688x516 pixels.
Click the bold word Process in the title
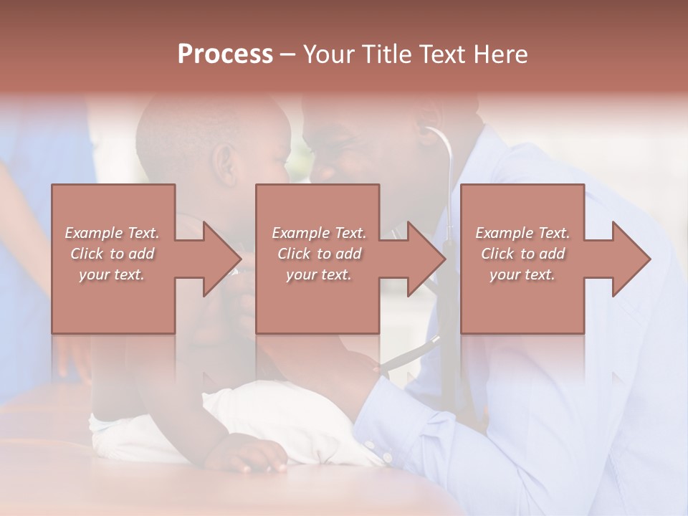(225, 54)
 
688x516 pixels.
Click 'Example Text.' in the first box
(112, 233)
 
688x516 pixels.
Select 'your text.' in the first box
(112, 274)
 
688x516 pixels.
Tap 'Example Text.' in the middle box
(319, 233)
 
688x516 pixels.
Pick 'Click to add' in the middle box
(319, 254)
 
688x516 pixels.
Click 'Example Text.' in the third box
(522, 233)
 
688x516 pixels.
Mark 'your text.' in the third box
(522, 274)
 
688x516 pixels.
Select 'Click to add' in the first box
(112, 254)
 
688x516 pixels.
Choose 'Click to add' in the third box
(522, 254)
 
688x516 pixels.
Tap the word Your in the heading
(327, 54)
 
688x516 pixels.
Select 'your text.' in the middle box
(319, 274)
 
